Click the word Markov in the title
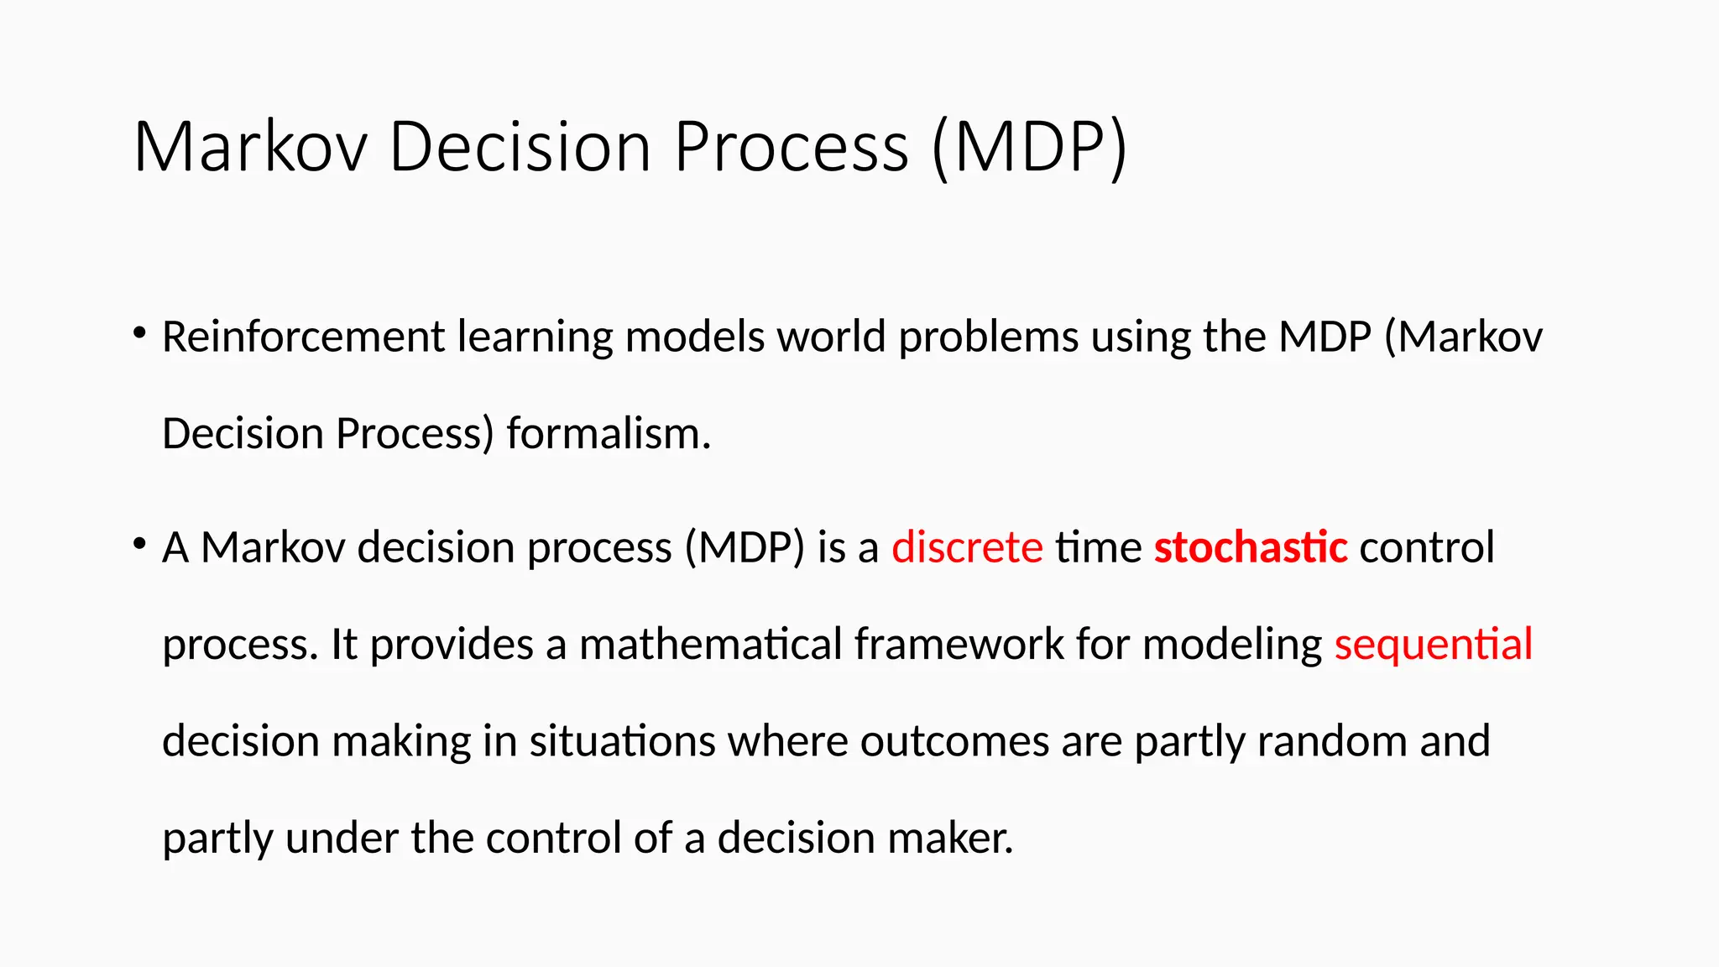(250, 148)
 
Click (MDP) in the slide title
(1029, 148)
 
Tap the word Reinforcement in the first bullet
(303, 337)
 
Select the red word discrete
(967, 548)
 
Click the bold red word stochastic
(1250, 548)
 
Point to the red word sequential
(1433, 645)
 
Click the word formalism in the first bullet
(608, 435)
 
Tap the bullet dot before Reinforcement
(139, 333)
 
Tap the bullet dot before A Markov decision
(139, 544)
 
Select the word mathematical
(710, 645)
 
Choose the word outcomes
(954, 742)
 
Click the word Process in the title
(791, 148)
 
